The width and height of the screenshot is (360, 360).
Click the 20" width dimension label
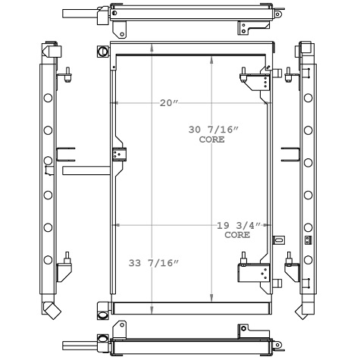click(169, 103)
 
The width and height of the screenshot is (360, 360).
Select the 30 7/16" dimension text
click(214, 130)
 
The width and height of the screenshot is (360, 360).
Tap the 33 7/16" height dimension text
click(154, 263)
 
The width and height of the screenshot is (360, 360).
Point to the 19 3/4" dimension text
click(239, 225)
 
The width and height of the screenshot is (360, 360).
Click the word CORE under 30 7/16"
click(211, 139)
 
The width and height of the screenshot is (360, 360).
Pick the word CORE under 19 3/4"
click(237, 235)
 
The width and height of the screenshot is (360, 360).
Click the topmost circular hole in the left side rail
click(48, 98)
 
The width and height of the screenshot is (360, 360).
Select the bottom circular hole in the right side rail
click(308, 260)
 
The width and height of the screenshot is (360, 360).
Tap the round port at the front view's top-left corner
click(103, 52)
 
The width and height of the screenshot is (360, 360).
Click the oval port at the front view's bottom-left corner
click(103, 315)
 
